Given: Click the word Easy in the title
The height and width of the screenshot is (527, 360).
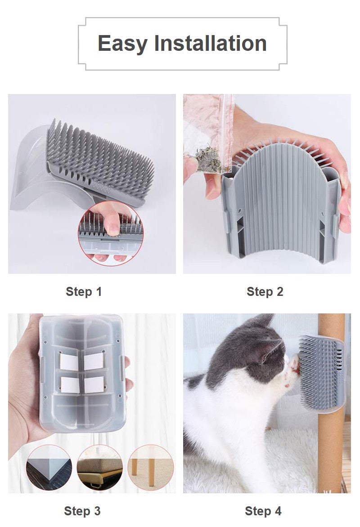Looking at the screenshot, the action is (122, 44).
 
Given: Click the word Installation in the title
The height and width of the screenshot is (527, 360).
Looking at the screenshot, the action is (210, 43).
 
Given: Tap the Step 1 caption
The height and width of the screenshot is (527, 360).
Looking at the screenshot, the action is (84, 291).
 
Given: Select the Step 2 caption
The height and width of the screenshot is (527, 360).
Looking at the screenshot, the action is (265, 291).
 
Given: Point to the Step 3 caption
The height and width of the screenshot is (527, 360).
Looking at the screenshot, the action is (82, 511).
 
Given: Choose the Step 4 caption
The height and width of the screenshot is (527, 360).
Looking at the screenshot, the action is (263, 511).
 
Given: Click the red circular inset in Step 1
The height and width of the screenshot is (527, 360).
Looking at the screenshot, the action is (111, 233).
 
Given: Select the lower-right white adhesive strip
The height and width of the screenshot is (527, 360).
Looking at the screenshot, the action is (94, 384).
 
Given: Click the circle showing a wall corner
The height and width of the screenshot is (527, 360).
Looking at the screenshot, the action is (49, 468).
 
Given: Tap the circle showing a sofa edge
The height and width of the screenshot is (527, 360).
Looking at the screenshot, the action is (100, 468).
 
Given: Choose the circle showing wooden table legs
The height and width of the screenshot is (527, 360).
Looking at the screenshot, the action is (151, 468).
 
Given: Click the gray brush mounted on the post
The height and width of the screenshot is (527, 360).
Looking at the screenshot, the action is (322, 374).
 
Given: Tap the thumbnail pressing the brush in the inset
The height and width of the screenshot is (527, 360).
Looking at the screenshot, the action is (113, 230).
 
